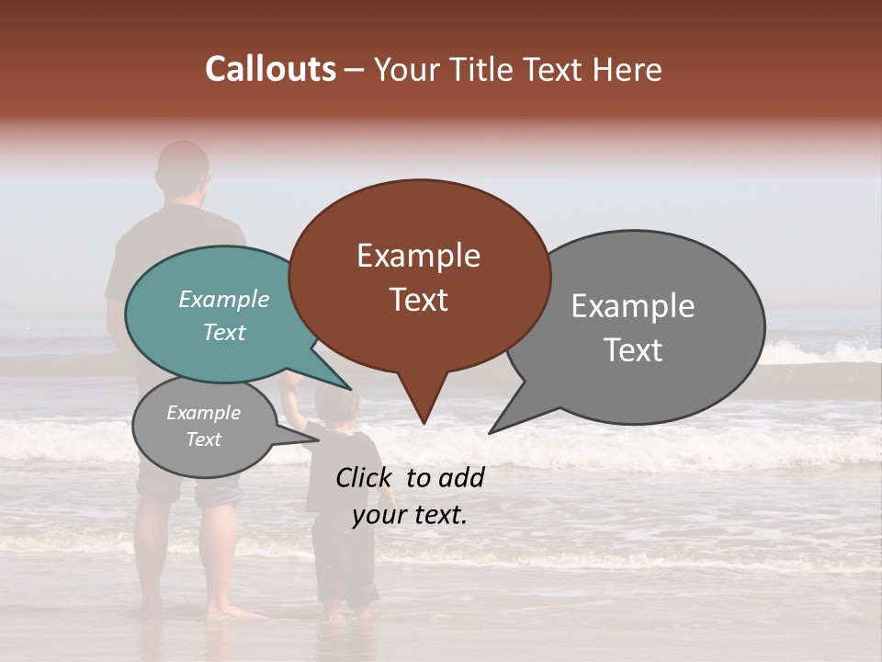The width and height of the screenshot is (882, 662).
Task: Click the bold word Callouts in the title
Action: tap(270, 69)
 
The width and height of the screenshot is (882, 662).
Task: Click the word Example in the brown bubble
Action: tap(418, 256)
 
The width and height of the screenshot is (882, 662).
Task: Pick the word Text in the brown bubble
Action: tap(418, 300)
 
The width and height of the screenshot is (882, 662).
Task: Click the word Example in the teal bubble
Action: tap(224, 299)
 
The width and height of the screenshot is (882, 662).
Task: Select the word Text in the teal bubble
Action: tap(224, 332)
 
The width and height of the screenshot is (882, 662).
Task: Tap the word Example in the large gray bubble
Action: tap(633, 306)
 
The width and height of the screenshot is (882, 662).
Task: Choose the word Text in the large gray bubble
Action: tap(633, 350)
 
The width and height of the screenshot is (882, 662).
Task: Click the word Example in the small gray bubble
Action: tap(203, 413)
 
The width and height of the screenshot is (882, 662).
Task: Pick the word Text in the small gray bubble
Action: tap(203, 439)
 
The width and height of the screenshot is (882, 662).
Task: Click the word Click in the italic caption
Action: tap(367, 477)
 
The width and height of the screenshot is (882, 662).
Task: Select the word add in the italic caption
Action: tap(462, 477)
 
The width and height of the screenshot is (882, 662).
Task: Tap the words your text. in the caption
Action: tap(410, 515)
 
